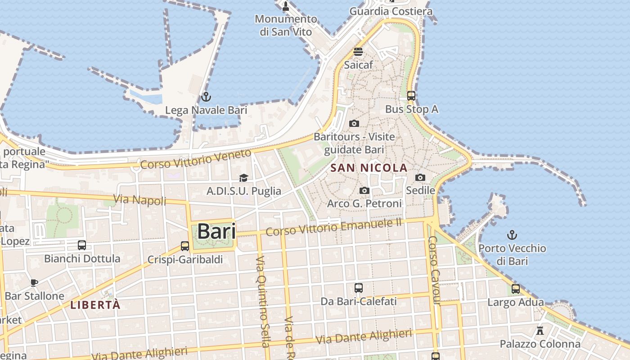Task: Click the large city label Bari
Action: (216, 232)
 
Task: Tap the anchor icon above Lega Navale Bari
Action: (206, 96)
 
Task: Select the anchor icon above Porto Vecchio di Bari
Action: (512, 234)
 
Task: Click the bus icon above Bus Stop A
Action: (411, 95)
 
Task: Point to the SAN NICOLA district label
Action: (369, 168)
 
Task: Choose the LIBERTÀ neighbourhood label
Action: (95, 305)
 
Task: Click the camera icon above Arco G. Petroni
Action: (364, 191)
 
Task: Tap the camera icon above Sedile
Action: (420, 177)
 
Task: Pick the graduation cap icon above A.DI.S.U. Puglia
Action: (243, 178)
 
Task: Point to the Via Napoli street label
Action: (140, 200)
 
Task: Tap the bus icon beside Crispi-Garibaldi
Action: (184, 246)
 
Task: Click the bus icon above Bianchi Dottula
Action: (82, 245)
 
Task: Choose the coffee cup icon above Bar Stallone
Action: (34, 283)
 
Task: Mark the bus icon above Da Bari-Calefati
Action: (358, 288)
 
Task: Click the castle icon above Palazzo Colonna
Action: (540, 331)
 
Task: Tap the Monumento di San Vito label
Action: (286, 25)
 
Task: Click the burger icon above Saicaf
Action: (358, 51)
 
